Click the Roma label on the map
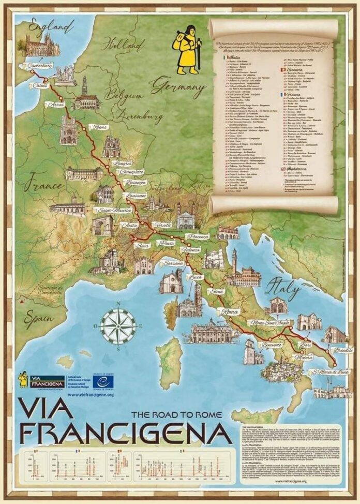point(228,312)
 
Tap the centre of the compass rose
point(118,326)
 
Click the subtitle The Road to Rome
point(169,414)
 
